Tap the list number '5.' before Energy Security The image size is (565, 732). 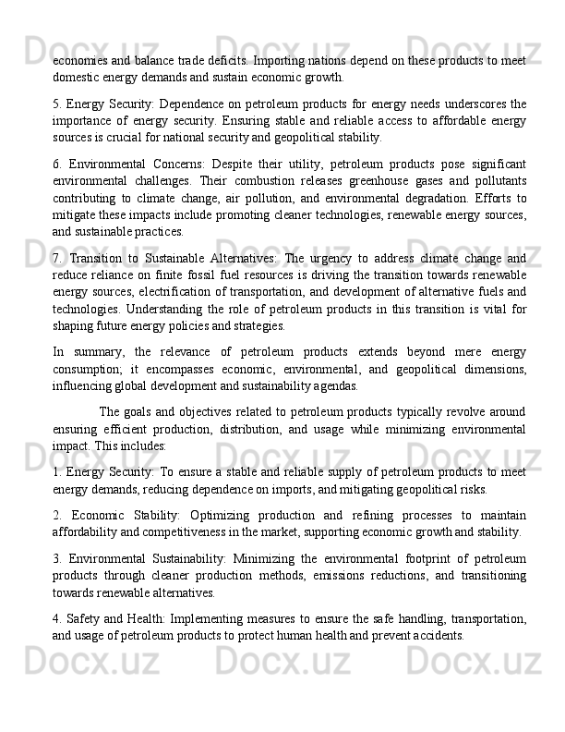click(x=57, y=102)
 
